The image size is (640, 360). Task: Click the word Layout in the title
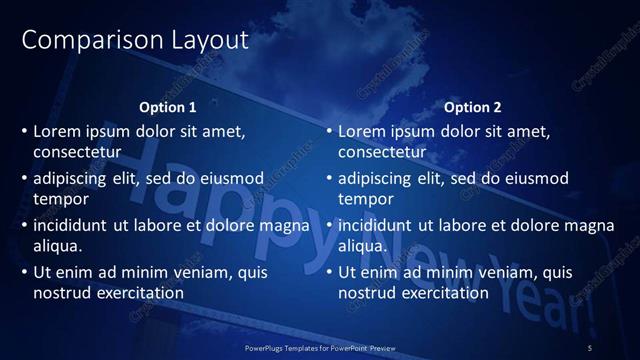coord(199,41)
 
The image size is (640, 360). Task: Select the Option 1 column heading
coord(168,107)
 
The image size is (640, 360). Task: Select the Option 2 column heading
coord(473,107)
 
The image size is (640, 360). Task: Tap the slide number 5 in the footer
coord(590,346)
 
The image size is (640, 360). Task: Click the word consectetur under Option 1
coord(77,153)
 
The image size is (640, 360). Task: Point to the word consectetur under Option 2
coord(382,153)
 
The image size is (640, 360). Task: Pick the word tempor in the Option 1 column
coord(58,199)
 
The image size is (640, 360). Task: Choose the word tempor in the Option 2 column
coord(363,199)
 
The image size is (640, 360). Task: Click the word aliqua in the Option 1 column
coord(57,246)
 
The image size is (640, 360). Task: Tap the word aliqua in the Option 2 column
coord(362,246)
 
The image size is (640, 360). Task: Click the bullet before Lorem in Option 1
coord(25,131)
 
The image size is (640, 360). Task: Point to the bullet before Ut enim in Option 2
coord(330,272)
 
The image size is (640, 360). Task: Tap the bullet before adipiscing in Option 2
coord(330,178)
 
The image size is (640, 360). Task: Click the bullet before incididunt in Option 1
coord(25,225)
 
